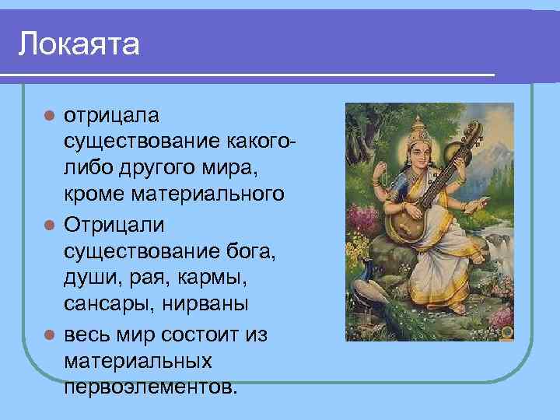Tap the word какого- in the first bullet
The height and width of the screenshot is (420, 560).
click(261, 142)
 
